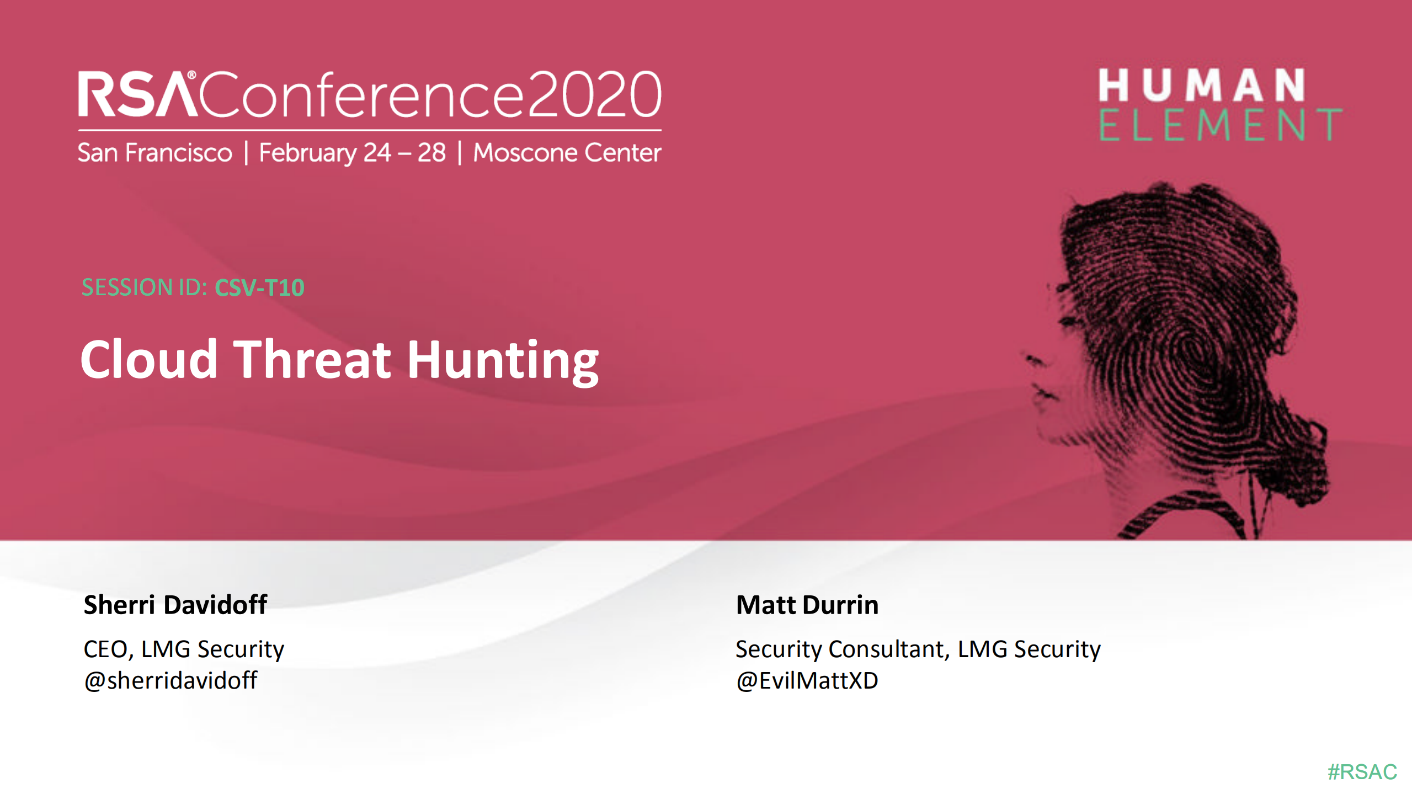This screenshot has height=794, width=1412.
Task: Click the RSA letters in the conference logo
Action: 137,94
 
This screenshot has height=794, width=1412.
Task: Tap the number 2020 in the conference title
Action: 594,94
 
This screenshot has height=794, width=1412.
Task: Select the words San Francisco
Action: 155,153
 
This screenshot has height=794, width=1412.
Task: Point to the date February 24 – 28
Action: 352,153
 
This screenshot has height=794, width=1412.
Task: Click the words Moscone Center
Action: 567,153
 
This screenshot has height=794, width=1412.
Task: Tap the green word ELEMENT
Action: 1219,125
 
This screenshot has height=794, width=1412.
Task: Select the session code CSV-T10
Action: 259,287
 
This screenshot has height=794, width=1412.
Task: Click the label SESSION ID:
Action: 145,287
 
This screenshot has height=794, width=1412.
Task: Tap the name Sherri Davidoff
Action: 175,605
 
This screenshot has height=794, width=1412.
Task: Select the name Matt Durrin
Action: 807,605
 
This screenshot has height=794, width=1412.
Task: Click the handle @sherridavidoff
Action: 170,680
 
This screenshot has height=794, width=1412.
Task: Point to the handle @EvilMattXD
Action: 807,680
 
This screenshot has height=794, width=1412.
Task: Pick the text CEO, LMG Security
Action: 184,649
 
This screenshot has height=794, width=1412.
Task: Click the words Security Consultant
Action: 841,649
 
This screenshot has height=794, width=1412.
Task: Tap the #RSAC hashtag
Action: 1362,772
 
